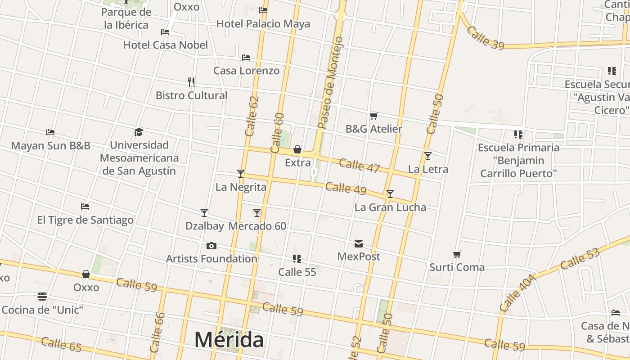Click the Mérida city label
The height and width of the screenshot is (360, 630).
point(229,340)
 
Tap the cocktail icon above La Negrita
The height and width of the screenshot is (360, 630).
point(241,174)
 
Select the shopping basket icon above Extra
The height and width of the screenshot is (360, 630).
point(297,149)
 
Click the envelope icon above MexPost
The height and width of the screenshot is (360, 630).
point(359,244)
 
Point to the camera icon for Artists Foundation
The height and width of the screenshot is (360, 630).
point(211,246)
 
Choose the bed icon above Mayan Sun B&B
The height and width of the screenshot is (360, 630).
point(50,132)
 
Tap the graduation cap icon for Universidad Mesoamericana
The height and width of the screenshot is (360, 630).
point(139,132)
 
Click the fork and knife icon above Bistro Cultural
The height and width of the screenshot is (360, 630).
point(191,82)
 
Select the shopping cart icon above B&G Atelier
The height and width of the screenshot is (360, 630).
point(373,116)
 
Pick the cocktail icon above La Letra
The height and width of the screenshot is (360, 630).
point(428,156)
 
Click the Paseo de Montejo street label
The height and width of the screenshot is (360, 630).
point(330,83)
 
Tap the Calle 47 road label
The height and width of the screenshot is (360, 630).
point(359,166)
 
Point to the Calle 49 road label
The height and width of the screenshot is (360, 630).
point(346,189)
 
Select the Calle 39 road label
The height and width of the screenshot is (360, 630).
point(485,38)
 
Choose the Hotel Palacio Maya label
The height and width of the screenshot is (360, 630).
point(263,23)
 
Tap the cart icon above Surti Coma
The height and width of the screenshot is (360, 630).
point(457,255)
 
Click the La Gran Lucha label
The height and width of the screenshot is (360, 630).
point(390,207)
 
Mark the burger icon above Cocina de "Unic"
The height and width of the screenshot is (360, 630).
point(42,297)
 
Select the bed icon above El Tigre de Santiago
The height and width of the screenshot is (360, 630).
point(85,207)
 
